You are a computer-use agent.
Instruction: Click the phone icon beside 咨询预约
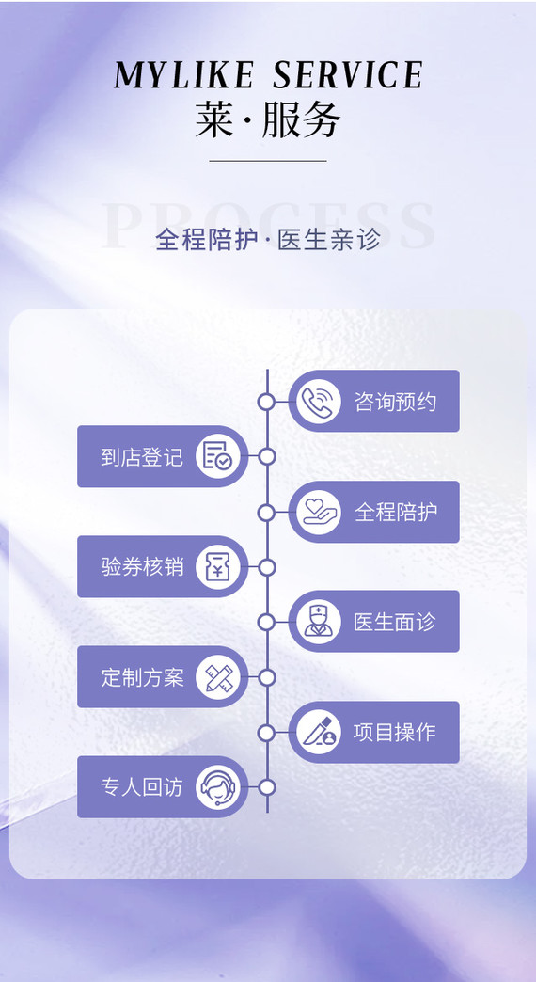tap(319, 402)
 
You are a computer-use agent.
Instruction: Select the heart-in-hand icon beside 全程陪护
tap(319, 513)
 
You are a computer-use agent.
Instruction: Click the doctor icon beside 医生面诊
tap(319, 622)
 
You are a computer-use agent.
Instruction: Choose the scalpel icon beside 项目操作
tap(319, 732)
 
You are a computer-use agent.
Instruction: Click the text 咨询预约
tap(395, 402)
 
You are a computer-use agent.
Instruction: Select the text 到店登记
tap(142, 457)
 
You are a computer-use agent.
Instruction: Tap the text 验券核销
tap(142, 567)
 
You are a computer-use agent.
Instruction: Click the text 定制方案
tap(142, 677)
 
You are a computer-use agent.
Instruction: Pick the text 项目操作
tap(395, 733)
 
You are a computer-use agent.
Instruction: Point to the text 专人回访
tap(142, 787)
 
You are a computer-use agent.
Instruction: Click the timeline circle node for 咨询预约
tap(267, 402)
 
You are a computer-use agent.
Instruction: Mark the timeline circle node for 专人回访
tap(267, 787)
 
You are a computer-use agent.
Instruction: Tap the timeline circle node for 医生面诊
tap(267, 622)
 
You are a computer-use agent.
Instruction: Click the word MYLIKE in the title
tap(183, 75)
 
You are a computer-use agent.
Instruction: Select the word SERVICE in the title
tap(348, 75)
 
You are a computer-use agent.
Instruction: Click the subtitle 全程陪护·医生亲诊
tap(268, 239)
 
